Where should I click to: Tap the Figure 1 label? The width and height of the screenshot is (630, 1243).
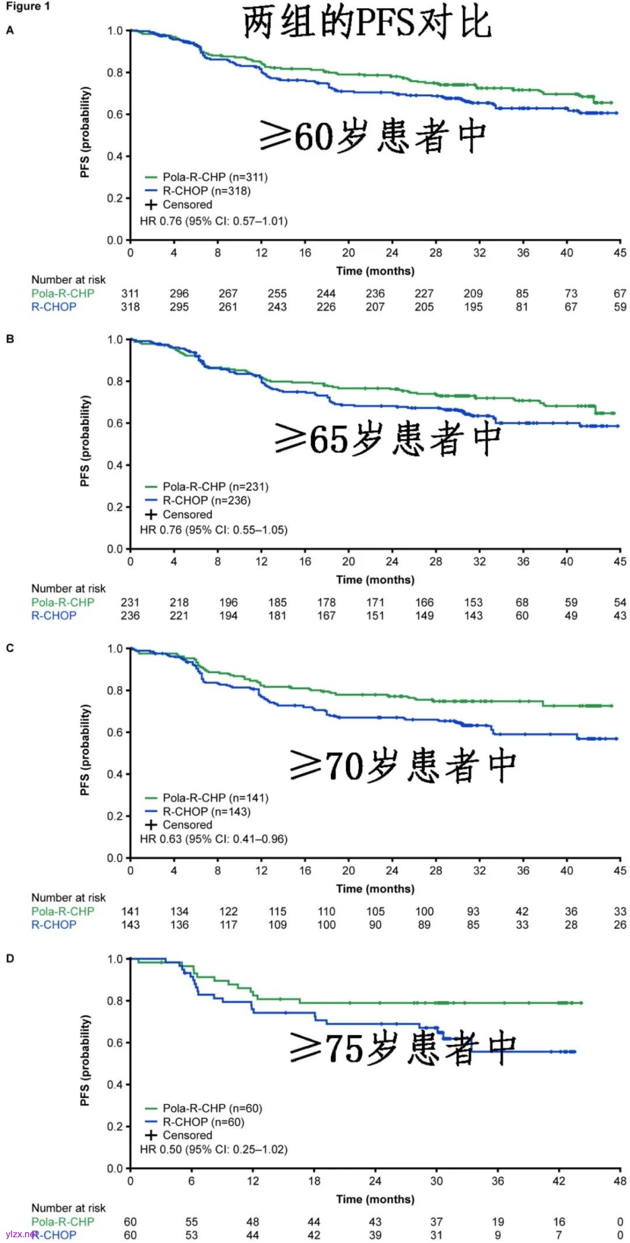28,6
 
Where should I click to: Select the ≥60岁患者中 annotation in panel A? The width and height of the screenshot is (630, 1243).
373,135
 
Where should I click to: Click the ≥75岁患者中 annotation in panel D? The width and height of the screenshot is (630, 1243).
402,1048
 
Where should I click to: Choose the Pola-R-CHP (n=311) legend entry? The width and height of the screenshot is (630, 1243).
215,177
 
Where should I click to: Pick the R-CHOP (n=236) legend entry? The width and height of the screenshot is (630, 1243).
206,500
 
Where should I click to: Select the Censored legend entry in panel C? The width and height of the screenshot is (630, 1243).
187,825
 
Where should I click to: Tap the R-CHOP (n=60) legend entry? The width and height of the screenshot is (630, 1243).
203,1122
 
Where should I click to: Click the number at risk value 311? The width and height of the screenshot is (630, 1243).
130,293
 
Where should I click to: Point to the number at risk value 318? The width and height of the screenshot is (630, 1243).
130,307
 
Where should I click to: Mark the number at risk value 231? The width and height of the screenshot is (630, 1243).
130,602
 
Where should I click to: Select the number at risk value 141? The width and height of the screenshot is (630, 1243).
130,911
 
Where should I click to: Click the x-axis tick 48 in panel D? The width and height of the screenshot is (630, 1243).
619,1181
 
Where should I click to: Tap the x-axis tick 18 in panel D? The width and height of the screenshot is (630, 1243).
314,1181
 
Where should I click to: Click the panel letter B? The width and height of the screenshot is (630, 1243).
10,339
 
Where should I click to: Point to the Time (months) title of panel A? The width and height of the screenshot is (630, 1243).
375,271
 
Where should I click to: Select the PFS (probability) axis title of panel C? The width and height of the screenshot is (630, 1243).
85,750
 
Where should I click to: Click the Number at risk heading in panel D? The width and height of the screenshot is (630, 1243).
68,1207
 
